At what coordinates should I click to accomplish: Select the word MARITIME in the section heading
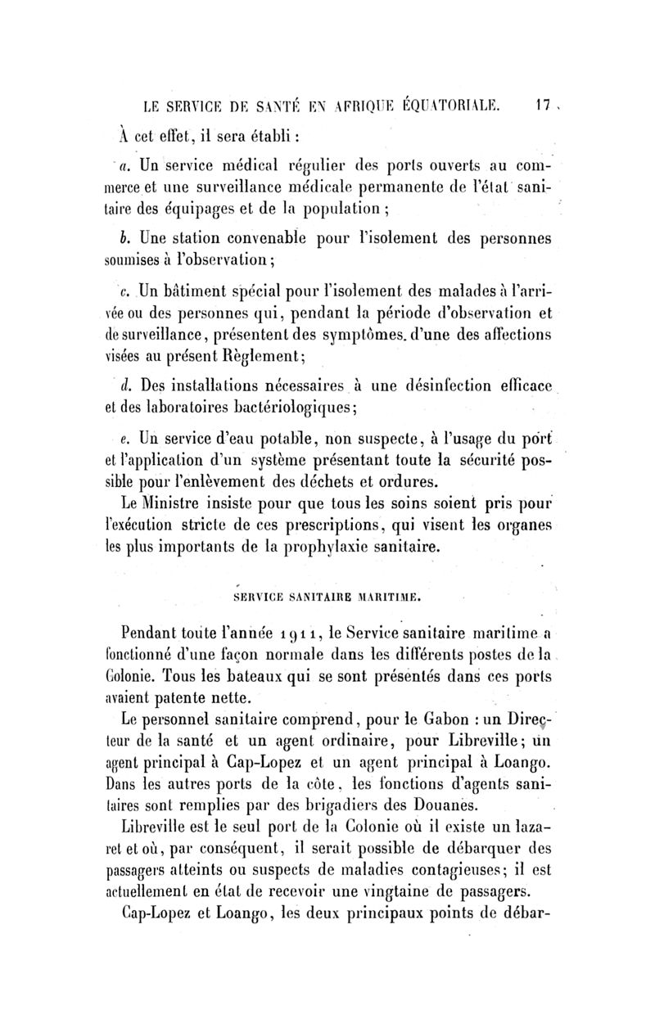383,597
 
